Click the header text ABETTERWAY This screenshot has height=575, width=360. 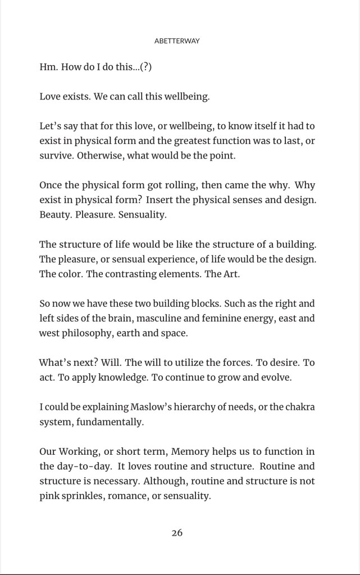(x=177, y=41)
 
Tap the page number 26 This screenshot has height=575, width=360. (x=177, y=533)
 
